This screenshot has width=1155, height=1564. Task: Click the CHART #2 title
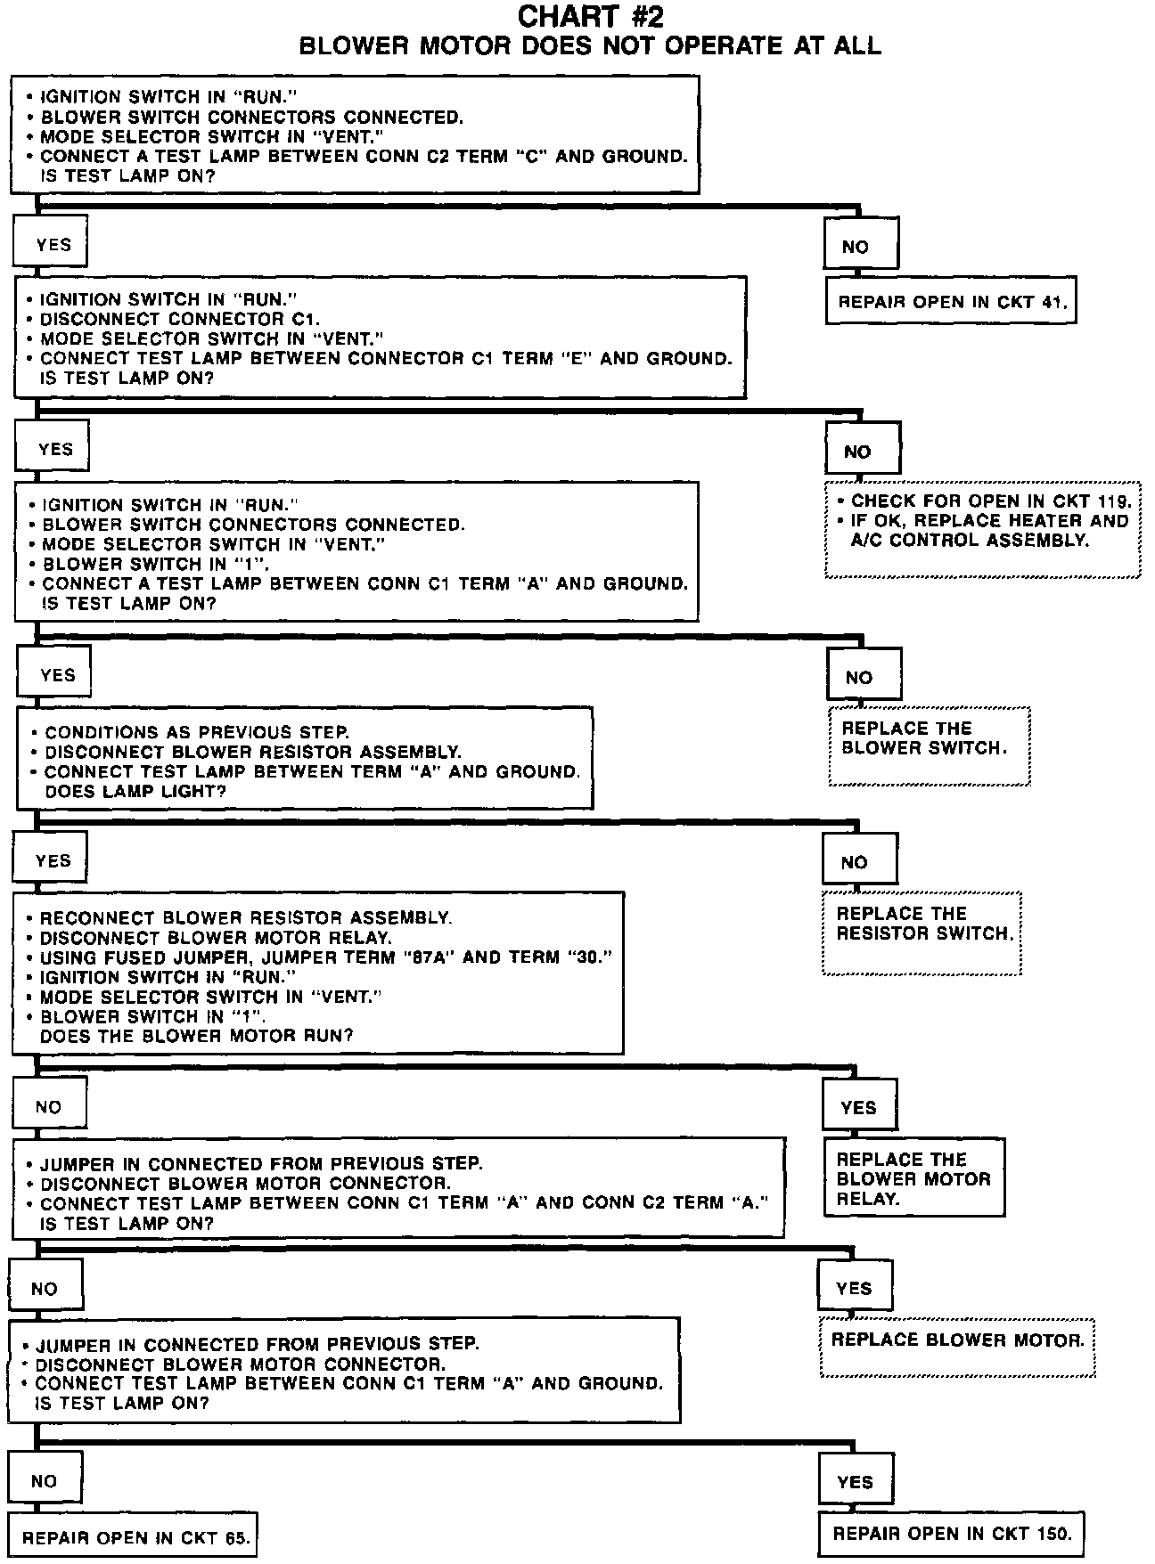(x=590, y=16)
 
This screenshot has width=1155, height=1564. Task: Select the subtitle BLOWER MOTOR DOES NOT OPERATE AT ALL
(x=590, y=46)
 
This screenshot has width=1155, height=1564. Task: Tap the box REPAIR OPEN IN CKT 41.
(x=951, y=301)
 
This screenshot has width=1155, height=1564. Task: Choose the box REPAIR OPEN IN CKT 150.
(x=952, y=1533)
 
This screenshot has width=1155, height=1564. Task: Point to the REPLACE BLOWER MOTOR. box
(x=957, y=1347)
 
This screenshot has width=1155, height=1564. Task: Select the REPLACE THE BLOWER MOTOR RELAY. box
(x=913, y=1178)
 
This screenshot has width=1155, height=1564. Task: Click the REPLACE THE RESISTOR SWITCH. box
(x=922, y=932)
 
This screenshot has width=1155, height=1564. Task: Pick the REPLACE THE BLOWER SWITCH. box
(x=929, y=745)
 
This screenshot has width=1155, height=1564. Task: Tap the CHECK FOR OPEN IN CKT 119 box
(x=982, y=529)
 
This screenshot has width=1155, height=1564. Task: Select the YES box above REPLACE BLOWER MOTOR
(x=855, y=1288)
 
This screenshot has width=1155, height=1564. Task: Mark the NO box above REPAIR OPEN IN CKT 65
(x=45, y=1480)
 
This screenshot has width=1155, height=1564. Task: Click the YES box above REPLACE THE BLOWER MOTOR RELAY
(x=859, y=1107)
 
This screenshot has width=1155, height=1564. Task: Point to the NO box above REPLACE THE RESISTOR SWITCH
(x=859, y=861)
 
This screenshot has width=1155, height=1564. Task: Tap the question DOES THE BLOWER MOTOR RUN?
(x=196, y=1036)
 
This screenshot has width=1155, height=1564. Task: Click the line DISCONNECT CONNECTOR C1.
(x=180, y=319)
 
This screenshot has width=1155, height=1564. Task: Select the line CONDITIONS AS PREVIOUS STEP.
(x=197, y=732)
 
